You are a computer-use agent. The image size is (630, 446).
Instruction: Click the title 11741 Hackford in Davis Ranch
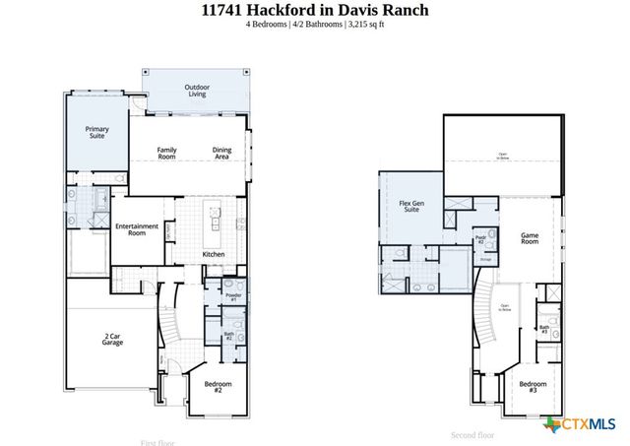tap(315, 11)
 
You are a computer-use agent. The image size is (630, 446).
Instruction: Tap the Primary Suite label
tap(96, 133)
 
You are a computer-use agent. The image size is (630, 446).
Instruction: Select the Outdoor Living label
tap(197, 92)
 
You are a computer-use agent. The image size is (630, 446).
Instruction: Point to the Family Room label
tap(167, 153)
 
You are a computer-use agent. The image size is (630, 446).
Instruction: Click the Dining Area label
tap(221, 153)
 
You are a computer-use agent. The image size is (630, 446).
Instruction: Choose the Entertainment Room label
tap(137, 229)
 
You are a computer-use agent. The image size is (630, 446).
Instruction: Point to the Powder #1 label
tap(233, 296)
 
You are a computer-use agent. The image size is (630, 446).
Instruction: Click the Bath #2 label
tap(227, 336)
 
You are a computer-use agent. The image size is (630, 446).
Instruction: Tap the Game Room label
tap(530, 237)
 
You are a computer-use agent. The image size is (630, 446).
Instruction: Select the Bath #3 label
tap(543, 329)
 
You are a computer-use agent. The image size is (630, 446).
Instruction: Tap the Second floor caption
tap(473, 434)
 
